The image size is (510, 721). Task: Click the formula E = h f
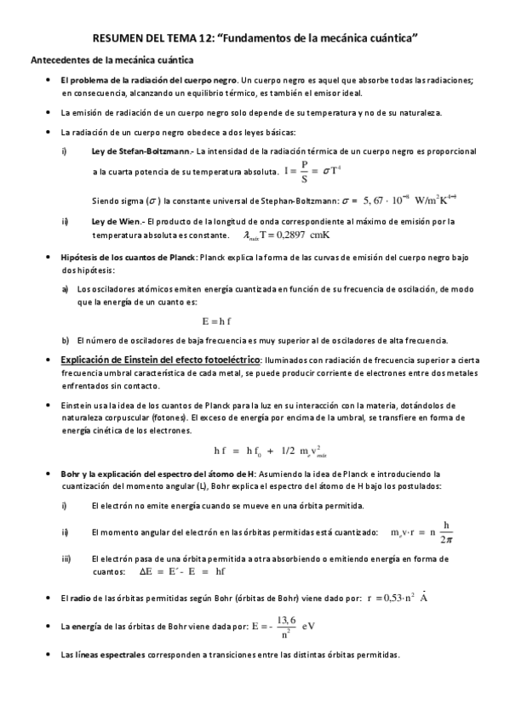pyautogui.click(x=217, y=322)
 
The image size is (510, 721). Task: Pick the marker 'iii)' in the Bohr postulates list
pyautogui.click(x=66, y=559)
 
